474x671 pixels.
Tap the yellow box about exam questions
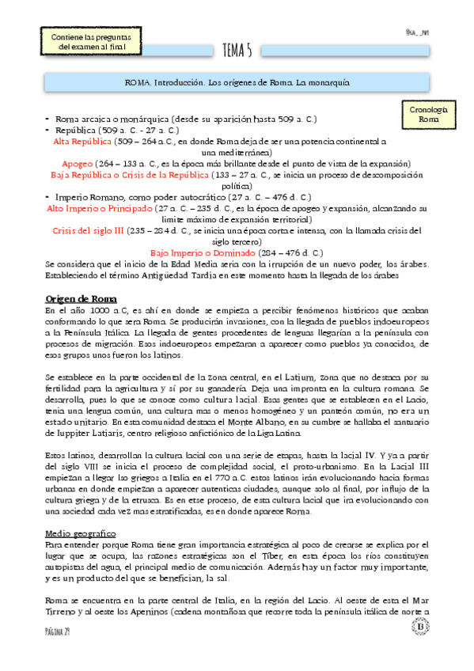(x=90, y=43)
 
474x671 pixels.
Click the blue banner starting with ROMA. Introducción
(x=238, y=82)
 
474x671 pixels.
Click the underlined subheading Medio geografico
(x=81, y=512)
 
